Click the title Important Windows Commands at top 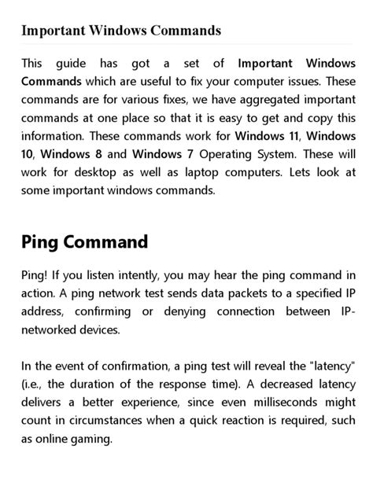[121, 31]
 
